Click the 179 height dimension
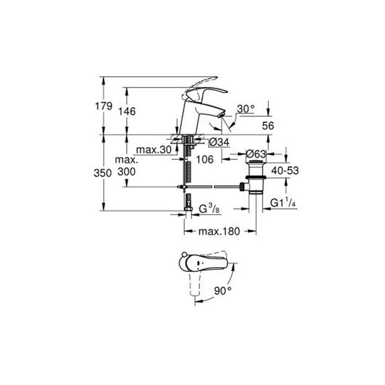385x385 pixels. (x=103, y=106)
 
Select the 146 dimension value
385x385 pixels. (x=127, y=112)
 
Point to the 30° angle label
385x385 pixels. (x=246, y=109)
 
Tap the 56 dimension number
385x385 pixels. (x=268, y=126)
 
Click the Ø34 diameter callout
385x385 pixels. (x=219, y=142)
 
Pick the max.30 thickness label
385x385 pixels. (x=154, y=150)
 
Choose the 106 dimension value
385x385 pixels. (x=205, y=160)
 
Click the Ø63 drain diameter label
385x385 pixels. (x=256, y=154)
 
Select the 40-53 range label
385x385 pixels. (x=285, y=170)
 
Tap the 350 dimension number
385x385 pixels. (x=103, y=173)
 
